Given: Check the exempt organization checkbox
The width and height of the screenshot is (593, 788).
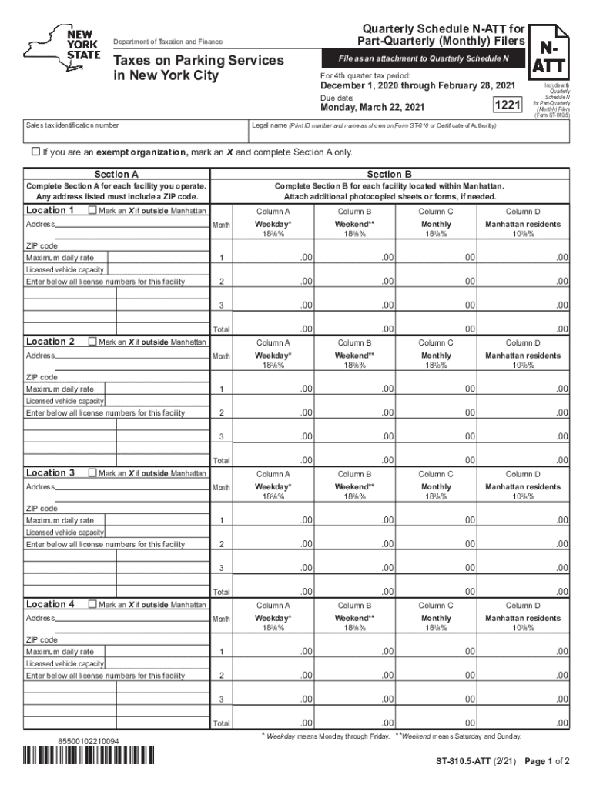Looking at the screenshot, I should tap(35, 152).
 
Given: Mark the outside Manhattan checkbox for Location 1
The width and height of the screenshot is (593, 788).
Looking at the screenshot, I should tap(93, 211).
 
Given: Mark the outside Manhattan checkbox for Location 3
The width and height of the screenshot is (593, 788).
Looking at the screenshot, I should tap(93, 473).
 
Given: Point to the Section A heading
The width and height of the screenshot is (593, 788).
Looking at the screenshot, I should tap(116, 175).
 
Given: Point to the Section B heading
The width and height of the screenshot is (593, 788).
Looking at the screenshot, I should tap(390, 175).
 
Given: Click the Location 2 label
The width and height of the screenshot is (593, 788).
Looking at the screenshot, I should tap(51, 342).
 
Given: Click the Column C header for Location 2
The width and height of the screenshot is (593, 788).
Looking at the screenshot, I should tap(436, 342).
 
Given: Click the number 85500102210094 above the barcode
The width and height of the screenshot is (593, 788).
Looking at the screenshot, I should tap(89, 741).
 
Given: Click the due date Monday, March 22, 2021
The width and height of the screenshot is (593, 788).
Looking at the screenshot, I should tap(372, 109).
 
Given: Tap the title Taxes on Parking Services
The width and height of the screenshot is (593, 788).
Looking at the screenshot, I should tap(199, 60).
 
